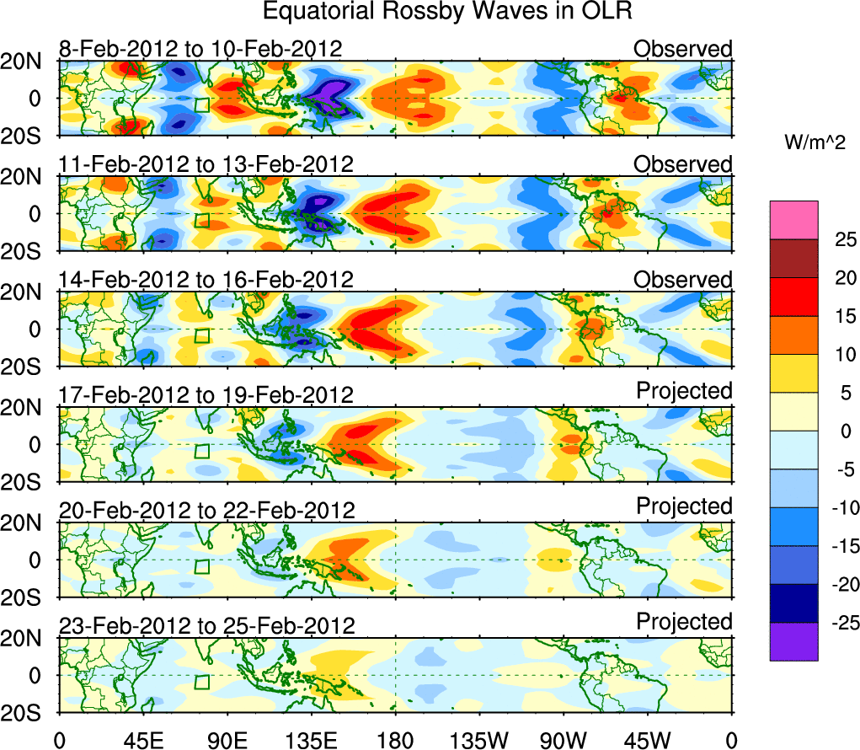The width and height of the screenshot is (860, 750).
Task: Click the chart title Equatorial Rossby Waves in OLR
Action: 447,12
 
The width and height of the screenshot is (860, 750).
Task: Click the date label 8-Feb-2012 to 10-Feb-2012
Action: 200,49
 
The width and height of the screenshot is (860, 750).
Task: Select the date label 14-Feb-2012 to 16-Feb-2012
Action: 206,280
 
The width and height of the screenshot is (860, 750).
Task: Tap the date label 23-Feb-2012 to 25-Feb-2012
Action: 206,626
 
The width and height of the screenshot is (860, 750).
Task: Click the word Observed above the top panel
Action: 683,49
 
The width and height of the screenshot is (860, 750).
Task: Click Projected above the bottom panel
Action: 684,622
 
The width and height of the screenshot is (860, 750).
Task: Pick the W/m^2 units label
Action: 815,143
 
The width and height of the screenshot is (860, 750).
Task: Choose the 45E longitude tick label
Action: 142,739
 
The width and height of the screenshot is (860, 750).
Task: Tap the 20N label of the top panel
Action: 29,60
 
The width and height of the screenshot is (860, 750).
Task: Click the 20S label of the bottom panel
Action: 29,713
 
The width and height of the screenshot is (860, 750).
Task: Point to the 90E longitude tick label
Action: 227,739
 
